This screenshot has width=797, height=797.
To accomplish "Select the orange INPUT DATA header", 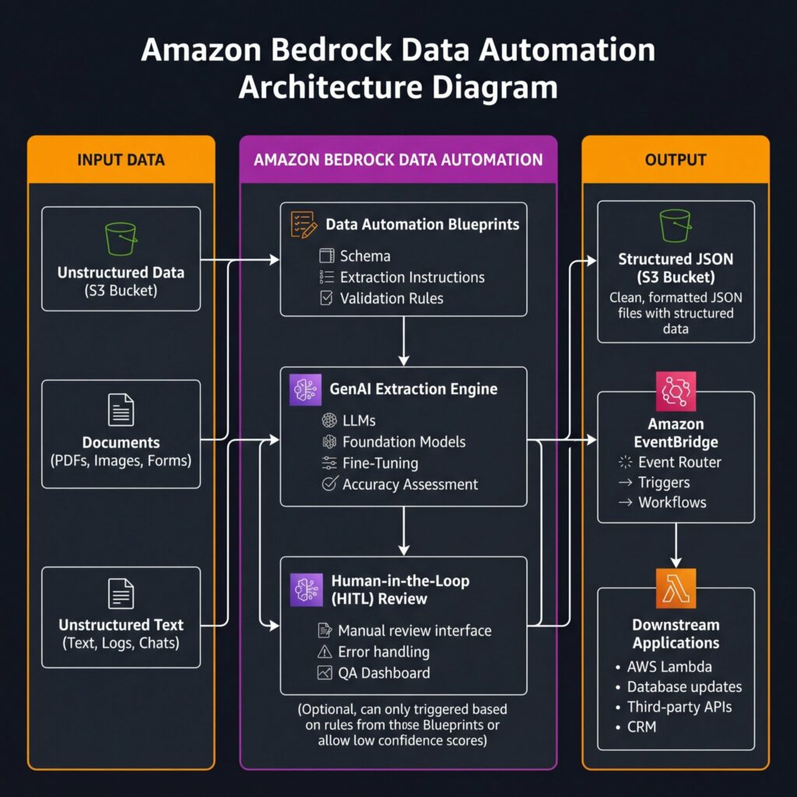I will click(121, 160).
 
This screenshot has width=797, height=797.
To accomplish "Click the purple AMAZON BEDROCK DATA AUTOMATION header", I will click(398, 160).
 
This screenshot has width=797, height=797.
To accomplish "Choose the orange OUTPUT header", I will click(676, 160).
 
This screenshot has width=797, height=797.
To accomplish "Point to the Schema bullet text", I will click(365, 256).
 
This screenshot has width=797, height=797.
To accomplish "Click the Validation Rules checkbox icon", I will click(327, 298).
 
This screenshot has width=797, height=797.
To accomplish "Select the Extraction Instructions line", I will click(412, 277).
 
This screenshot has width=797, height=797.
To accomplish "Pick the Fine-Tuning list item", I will click(380, 463).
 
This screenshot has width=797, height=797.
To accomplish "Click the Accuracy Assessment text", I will click(410, 484).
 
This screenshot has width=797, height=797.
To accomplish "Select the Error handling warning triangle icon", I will click(325, 651).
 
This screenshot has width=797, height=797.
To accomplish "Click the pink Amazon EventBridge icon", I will click(676, 392).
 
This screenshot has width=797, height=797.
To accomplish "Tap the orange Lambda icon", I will click(676, 588).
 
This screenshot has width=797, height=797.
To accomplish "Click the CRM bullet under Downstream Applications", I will click(641, 727).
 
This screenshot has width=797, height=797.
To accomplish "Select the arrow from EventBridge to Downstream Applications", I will click(676, 545).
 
